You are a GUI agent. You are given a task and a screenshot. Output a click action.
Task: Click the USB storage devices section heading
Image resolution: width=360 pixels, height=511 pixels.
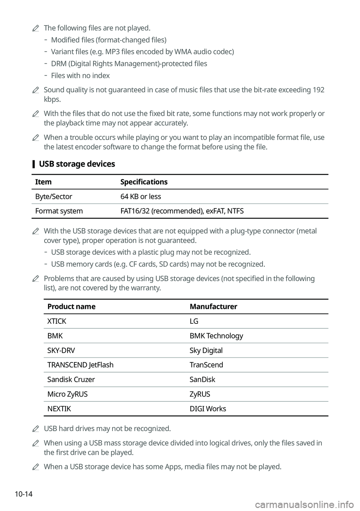[x=77, y=164]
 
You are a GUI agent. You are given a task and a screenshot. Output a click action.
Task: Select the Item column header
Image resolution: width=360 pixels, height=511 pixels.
[x=43, y=182]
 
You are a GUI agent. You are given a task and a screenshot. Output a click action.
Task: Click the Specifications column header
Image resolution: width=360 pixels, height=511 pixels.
[x=144, y=182]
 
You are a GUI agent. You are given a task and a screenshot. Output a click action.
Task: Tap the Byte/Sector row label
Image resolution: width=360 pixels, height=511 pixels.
[x=54, y=197]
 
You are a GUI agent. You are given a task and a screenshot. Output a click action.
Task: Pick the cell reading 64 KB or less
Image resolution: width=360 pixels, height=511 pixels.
[x=141, y=197]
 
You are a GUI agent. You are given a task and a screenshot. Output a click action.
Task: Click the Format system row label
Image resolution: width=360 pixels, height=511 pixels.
[x=59, y=211]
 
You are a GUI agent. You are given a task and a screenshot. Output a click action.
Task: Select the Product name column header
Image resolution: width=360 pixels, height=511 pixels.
[x=71, y=307]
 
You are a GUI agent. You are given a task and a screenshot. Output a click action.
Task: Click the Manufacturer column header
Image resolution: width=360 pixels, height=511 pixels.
[x=213, y=307]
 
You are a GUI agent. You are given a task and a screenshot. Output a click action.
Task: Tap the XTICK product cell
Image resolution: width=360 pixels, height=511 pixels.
[x=57, y=321]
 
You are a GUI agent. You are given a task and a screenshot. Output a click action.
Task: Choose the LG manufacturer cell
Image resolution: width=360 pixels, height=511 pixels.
[x=194, y=321]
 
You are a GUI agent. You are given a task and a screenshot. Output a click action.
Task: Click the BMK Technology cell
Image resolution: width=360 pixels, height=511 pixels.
[x=216, y=336]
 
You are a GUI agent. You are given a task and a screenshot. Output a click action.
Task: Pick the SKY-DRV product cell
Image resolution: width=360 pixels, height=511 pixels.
[x=61, y=350]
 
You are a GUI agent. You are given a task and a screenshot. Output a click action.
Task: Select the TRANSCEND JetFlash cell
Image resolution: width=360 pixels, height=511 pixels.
[x=80, y=365]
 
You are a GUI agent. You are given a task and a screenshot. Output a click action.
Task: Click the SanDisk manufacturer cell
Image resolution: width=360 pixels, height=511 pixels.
[x=202, y=380]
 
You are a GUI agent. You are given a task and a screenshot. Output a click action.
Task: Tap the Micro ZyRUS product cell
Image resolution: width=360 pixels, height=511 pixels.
[x=67, y=394]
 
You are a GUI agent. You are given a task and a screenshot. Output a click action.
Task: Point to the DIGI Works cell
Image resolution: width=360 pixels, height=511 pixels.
[x=208, y=409]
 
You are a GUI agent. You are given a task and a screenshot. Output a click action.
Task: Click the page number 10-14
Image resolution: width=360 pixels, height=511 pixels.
[x=24, y=494]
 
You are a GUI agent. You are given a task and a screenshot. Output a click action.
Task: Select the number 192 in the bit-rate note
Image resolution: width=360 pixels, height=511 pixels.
[x=318, y=90]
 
